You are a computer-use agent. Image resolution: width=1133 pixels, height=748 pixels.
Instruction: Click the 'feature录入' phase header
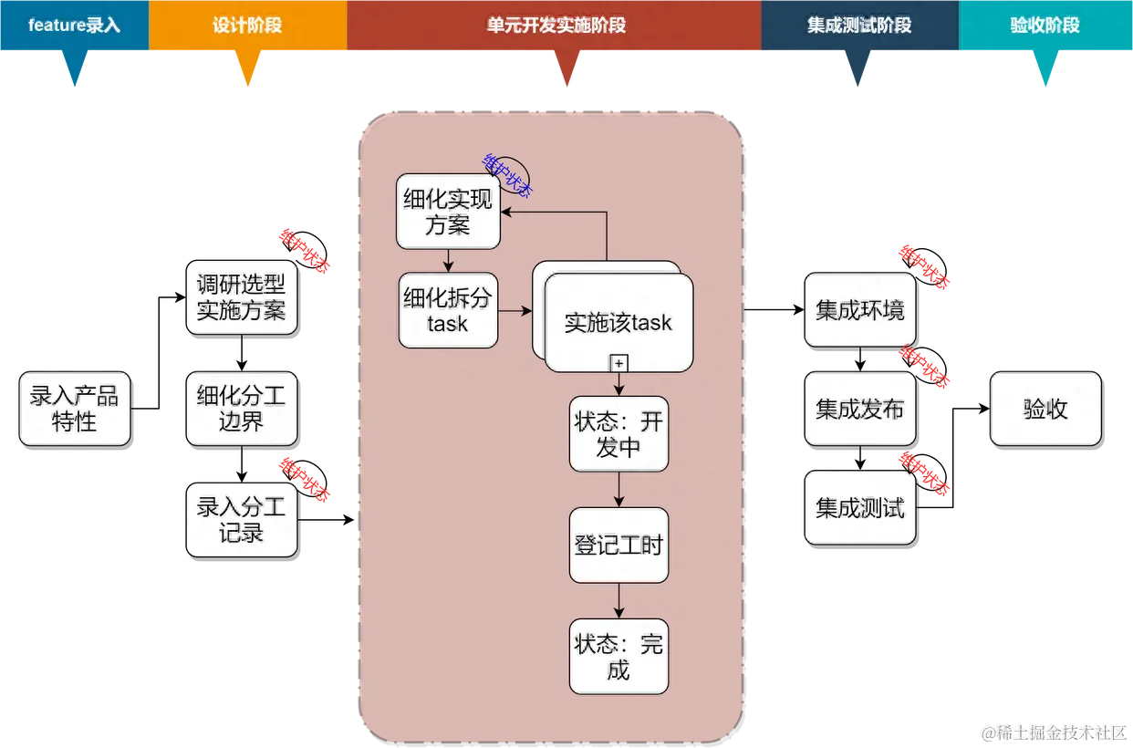click(74, 26)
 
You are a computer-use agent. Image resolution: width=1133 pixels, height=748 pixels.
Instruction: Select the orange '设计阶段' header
click(247, 26)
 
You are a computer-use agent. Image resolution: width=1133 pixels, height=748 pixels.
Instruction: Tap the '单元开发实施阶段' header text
click(556, 26)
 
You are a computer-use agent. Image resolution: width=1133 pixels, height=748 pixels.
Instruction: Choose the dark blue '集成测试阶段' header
click(859, 26)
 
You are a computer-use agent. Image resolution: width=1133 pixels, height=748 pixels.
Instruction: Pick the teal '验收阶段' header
click(1045, 26)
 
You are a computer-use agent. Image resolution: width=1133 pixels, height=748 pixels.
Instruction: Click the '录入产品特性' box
click(75, 408)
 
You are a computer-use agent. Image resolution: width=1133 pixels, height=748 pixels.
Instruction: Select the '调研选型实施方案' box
click(241, 297)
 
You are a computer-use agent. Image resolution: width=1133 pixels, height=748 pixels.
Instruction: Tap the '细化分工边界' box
click(241, 408)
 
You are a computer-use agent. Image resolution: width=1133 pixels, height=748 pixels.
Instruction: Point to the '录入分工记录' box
click(241, 519)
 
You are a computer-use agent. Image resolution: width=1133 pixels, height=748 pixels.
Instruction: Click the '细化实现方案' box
click(448, 212)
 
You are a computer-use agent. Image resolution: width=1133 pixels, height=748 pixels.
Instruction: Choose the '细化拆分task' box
click(448, 310)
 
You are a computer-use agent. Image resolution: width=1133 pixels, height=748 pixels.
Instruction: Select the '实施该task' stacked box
click(618, 322)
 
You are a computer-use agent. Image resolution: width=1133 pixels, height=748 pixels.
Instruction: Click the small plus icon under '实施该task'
click(618, 363)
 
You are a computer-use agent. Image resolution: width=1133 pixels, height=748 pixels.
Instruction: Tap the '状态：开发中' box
click(618, 434)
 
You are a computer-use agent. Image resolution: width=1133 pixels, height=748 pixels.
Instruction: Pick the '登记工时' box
click(618, 545)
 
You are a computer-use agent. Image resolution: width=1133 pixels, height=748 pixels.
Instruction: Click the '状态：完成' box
click(618, 657)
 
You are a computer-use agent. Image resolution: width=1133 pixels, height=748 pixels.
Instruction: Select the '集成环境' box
click(859, 310)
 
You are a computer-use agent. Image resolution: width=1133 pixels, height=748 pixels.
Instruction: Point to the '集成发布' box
click(859, 409)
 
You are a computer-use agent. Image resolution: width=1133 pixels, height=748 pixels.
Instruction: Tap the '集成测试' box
click(859, 507)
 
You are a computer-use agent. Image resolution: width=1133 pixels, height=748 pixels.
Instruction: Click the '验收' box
click(1045, 409)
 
